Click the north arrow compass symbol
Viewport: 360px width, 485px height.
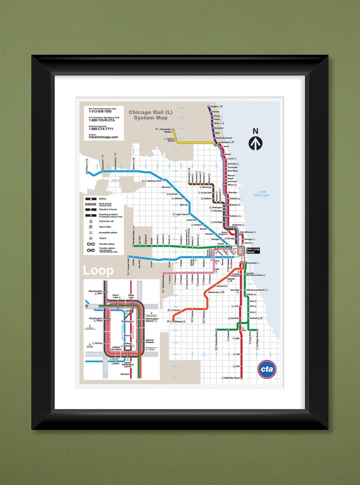pos(255,140)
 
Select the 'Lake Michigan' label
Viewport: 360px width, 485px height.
pos(262,193)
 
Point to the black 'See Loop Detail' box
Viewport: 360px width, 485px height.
pos(253,250)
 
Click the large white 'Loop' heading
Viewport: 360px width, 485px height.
pos(98,271)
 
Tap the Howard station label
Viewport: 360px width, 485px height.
pos(225,142)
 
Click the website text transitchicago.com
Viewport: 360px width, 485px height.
pos(103,137)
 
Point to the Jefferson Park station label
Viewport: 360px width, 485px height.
pos(154,180)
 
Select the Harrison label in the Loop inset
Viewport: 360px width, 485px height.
pos(126,374)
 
